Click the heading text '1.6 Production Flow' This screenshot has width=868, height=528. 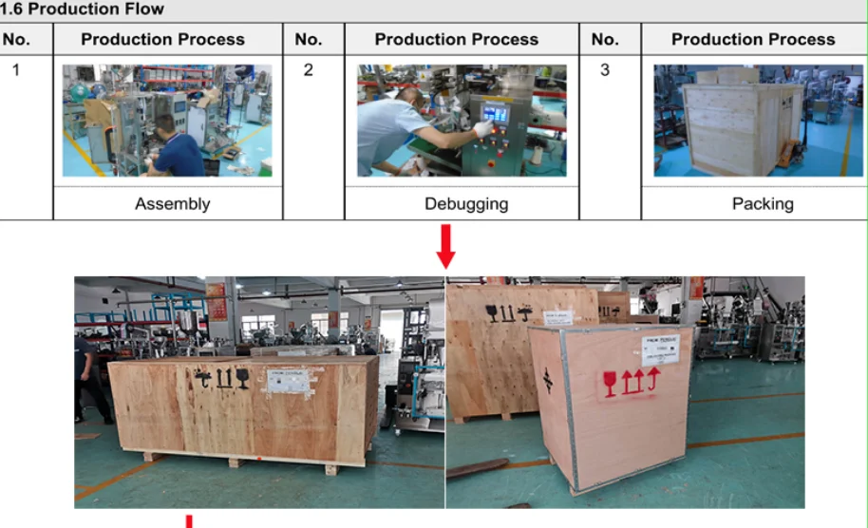pos(83,9)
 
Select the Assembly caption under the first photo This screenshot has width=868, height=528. pos(172,203)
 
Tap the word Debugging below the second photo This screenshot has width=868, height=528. pos(465,203)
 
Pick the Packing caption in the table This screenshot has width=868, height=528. pos(763,203)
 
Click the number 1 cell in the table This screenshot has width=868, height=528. pos(15,70)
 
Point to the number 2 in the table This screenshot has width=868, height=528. pos(308,70)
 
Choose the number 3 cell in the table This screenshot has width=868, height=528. pos(605,70)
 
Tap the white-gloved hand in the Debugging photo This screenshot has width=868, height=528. pos(483,128)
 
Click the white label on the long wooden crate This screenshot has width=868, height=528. pos(288,381)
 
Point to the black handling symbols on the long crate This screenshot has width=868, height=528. pos(221,379)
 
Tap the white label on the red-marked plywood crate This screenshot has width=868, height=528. pos(660,349)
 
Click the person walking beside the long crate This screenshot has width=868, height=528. pos(86,380)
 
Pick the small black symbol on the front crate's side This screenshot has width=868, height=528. pos(548,379)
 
